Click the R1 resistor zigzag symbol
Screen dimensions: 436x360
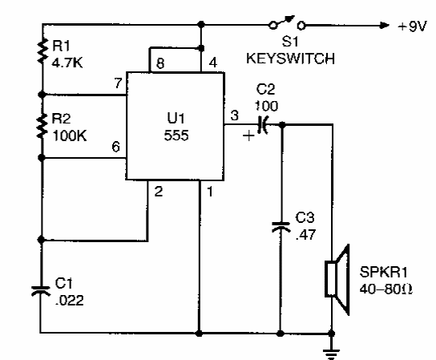click(42, 51)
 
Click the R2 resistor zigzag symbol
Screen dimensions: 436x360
click(42, 126)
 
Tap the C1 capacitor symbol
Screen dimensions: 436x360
click(41, 291)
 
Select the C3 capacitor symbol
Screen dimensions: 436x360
click(281, 227)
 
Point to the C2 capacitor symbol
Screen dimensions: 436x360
click(263, 124)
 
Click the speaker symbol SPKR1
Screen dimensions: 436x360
click(337, 279)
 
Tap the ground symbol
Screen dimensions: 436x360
click(332, 353)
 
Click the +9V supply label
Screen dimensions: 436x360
click(412, 26)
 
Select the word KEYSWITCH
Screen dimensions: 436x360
click(291, 59)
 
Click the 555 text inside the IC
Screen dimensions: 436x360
click(176, 136)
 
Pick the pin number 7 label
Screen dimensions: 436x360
click(118, 83)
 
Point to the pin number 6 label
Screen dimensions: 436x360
click(116, 147)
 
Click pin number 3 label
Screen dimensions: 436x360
click(234, 115)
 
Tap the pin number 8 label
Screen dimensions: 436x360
click(160, 63)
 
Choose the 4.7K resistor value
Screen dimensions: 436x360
click(67, 63)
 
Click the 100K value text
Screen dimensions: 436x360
click(70, 136)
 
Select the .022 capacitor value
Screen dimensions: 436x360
click(70, 300)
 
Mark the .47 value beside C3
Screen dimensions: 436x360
click(305, 234)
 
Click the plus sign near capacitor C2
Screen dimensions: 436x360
click(248, 136)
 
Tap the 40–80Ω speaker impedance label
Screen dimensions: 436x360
click(386, 289)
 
